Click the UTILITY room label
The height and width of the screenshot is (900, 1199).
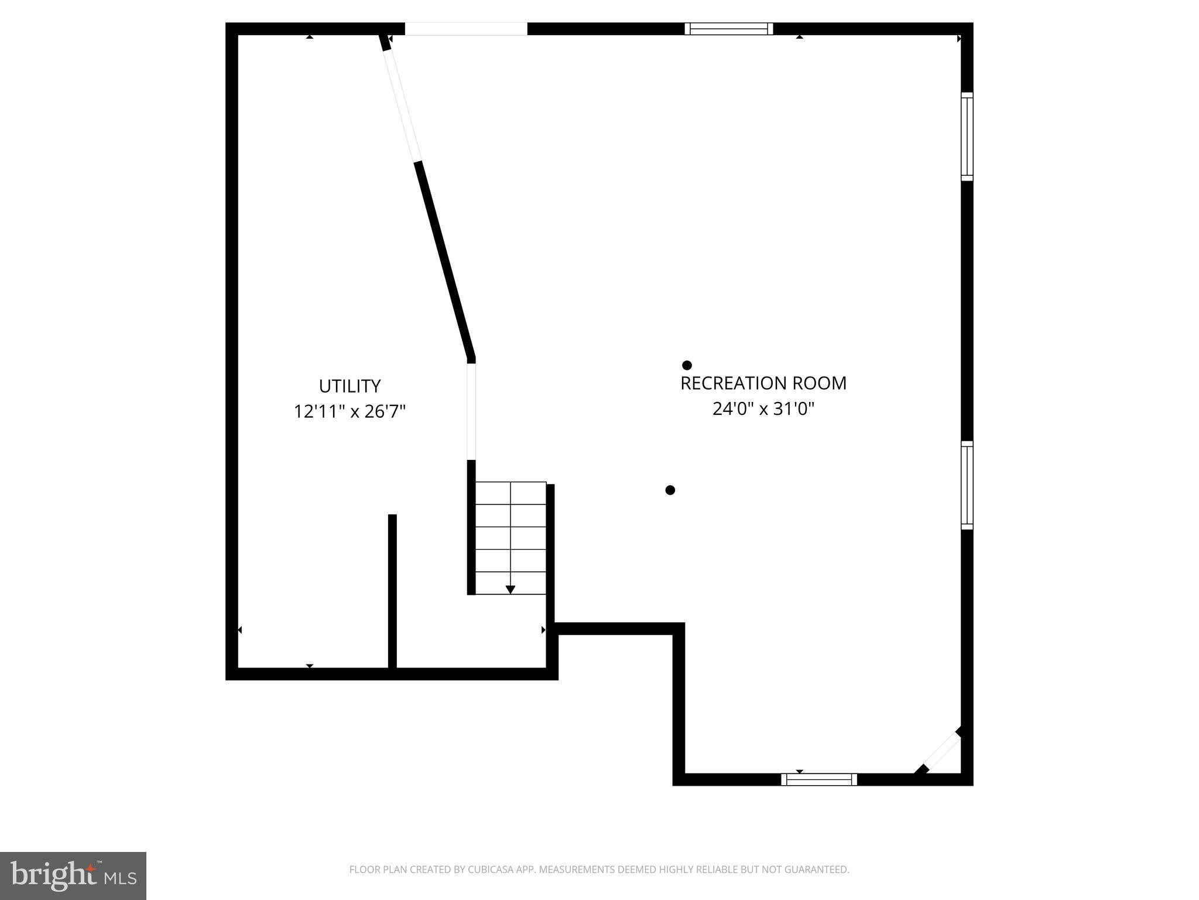pos(350,386)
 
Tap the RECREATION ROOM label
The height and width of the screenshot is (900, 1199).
pos(763,383)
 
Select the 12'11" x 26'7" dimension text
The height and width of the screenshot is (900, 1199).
pos(350,412)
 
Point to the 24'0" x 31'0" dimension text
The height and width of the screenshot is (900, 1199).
pos(763,409)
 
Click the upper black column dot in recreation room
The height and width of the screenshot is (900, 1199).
pos(687,365)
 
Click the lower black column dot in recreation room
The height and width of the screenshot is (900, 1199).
pos(670,490)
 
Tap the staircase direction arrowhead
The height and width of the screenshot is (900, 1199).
pos(511,589)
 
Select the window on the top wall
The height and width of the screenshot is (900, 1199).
pos(729,29)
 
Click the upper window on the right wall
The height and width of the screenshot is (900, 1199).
pos(967,137)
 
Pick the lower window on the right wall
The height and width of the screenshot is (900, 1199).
pos(967,485)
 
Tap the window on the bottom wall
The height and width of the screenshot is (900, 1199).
pos(819,779)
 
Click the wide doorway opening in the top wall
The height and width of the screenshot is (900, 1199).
pos(466,29)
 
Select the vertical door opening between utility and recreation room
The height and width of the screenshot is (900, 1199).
pos(471,411)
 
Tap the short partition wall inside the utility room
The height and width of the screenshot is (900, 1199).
pos(392,591)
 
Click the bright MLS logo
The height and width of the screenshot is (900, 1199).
pos(73,876)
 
